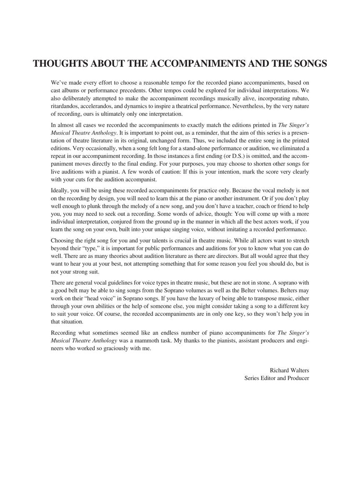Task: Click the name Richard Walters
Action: point(289,370)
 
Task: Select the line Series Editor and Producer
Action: point(277,378)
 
